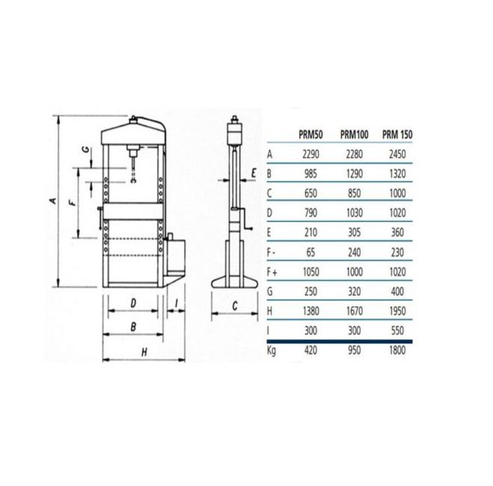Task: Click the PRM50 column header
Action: (x=311, y=135)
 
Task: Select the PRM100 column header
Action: (x=354, y=135)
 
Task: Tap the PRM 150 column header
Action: (x=397, y=135)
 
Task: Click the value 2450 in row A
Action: (x=397, y=155)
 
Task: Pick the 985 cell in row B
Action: (x=311, y=174)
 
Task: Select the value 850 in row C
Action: (x=354, y=193)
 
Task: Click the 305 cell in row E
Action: (x=354, y=232)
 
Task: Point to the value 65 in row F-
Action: (x=311, y=252)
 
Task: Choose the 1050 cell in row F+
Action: (x=311, y=272)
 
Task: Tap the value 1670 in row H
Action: (x=354, y=311)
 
